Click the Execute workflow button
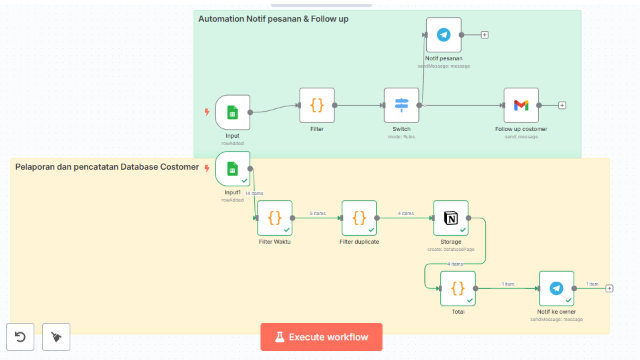click(321, 337)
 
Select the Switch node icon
click(401, 105)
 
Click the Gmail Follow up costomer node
click(521, 105)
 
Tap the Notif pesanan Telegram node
click(444, 35)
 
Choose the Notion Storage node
click(451, 218)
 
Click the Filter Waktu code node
click(275, 218)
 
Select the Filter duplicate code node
click(359, 218)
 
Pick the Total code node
click(458, 289)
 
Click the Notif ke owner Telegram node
click(556, 289)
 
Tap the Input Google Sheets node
click(233, 112)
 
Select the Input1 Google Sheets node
click(233, 169)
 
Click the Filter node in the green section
click(317, 105)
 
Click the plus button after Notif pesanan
click(485, 35)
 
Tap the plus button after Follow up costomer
click(562, 105)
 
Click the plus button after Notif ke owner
click(609, 289)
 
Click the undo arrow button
click(20, 337)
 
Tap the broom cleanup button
click(56, 337)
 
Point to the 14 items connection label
click(254, 193)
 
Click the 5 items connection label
click(318, 213)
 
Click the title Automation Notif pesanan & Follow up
click(273, 19)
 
